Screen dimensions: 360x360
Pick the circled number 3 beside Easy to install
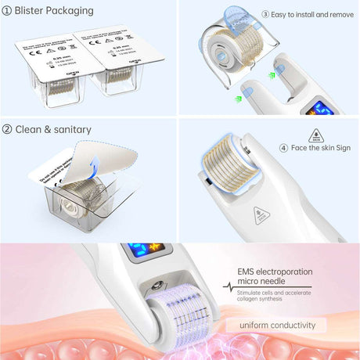(265, 14)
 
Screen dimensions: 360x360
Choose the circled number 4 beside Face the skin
(283, 148)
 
